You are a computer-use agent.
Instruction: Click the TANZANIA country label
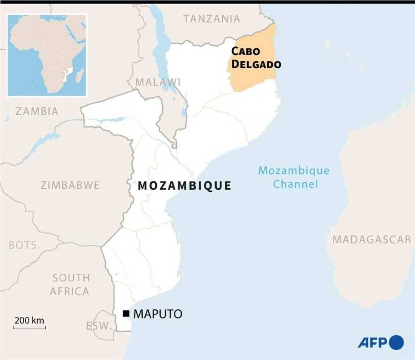[x=212, y=19]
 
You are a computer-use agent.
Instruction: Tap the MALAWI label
[x=158, y=82]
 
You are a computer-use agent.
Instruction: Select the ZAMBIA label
[x=37, y=111]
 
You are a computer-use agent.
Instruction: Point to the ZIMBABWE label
[x=70, y=185]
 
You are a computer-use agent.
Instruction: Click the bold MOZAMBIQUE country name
[x=185, y=186]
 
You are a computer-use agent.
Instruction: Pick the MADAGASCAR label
[x=372, y=240]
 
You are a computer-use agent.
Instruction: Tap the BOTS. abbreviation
[x=24, y=245]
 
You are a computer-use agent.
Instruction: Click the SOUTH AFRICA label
[x=70, y=284]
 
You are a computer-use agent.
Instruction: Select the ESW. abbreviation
[x=99, y=326]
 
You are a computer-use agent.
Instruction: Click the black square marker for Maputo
[x=126, y=314]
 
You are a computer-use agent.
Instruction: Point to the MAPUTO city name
[x=158, y=314]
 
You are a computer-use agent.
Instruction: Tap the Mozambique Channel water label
[x=294, y=177]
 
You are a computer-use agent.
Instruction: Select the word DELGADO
[x=256, y=65]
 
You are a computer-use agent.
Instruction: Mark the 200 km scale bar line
[x=29, y=328]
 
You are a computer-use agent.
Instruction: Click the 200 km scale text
[x=29, y=320]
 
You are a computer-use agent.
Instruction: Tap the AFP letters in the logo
[x=372, y=342]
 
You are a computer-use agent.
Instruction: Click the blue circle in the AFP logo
[x=397, y=342]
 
